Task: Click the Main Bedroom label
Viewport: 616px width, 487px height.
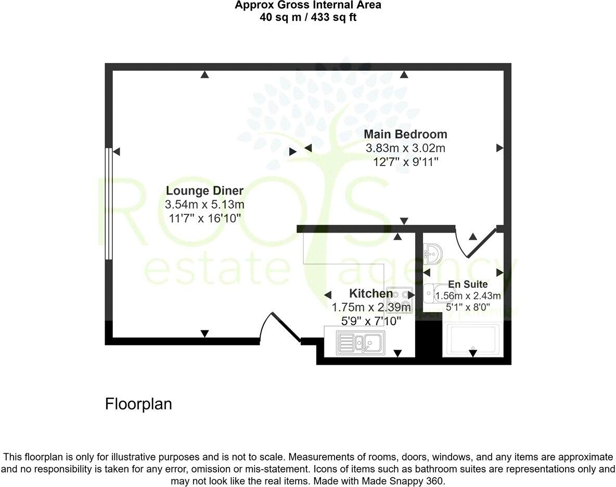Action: click(x=405, y=134)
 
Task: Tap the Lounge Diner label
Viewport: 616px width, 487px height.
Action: click(x=204, y=190)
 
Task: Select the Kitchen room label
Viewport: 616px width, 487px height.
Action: click(x=370, y=293)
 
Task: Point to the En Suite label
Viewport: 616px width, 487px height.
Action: click(x=468, y=285)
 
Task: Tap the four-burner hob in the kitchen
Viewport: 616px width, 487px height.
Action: click(x=400, y=300)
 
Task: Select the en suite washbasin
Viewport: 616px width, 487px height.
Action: click(x=432, y=253)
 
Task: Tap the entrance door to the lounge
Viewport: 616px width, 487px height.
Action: click(x=281, y=328)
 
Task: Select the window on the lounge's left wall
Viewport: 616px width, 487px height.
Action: click(x=108, y=203)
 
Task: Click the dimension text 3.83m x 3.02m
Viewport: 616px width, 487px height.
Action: click(x=405, y=148)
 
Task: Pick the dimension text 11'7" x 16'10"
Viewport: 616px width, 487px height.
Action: click(x=204, y=218)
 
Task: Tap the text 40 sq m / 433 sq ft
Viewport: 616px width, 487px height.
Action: click(x=308, y=17)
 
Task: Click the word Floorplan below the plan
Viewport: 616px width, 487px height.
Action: click(x=138, y=404)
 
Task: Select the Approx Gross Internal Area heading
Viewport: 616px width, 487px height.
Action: click(x=308, y=6)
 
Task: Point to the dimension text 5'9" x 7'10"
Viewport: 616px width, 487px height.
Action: click(x=370, y=321)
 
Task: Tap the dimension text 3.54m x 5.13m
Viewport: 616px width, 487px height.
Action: click(x=204, y=204)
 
